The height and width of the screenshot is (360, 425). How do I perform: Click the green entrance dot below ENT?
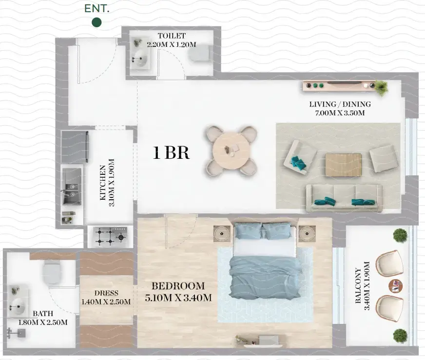[x=97, y=22]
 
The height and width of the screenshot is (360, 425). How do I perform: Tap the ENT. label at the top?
[x=97, y=8]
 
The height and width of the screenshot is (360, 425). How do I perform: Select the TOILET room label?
[x=171, y=36]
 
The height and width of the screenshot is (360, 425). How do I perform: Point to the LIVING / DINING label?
[x=340, y=104]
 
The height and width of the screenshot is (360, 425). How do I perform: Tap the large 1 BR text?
[x=171, y=153]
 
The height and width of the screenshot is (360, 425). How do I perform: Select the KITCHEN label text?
[x=103, y=183]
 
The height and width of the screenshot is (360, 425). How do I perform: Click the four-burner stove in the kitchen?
[x=110, y=236]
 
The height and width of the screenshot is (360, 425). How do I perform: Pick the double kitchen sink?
[x=71, y=187]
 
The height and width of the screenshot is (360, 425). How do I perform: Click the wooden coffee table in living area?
[x=343, y=165]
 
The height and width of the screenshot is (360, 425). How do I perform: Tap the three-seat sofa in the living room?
[x=344, y=197]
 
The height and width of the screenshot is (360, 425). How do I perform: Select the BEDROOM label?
[x=177, y=286]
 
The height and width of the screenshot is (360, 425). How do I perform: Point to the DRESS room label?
[x=106, y=293]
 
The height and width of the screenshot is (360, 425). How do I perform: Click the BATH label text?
[x=43, y=314]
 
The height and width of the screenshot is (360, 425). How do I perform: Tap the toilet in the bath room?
[x=52, y=272]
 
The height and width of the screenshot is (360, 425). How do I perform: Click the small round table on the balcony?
[x=394, y=285]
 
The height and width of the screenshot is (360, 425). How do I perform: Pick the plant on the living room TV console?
[x=380, y=87]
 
